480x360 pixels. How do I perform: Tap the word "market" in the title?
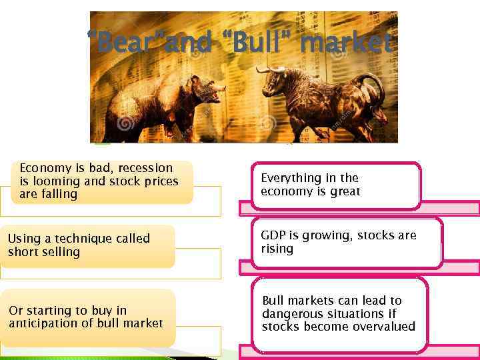346,44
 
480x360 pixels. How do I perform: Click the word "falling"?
57,194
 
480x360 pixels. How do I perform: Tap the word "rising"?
277,249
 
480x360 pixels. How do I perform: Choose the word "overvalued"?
383,327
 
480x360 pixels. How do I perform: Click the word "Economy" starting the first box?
43,168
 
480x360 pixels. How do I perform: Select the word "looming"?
53,181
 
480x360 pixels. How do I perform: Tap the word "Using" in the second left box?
23,239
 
